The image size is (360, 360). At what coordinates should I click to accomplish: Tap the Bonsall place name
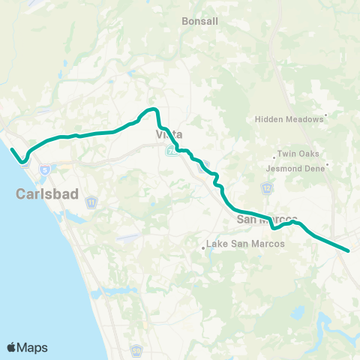point(200,22)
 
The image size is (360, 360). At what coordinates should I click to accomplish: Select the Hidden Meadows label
point(288,118)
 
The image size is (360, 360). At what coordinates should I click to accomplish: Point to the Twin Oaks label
point(298,154)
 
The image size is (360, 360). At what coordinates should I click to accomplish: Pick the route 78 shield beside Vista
point(172,152)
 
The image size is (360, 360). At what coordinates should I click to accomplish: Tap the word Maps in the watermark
point(33,346)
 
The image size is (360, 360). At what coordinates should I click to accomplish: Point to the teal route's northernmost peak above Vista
point(152,109)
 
